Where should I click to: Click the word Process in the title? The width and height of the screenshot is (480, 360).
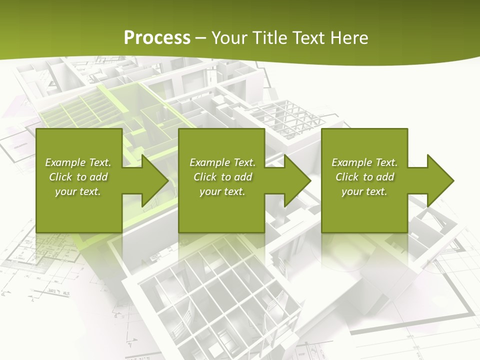(157, 38)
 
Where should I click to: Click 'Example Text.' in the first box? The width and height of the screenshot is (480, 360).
(78, 162)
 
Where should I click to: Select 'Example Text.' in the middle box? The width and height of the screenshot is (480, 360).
(222, 162)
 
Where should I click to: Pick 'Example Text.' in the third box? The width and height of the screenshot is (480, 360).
(364, 162)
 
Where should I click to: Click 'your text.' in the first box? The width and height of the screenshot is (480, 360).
(78, 191)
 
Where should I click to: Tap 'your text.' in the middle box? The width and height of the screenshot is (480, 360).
(222, 191)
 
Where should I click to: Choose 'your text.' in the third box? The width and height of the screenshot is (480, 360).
(364, 191)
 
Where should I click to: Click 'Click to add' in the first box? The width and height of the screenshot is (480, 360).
(78, 177)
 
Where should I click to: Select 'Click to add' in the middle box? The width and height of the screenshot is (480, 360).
(222, 177)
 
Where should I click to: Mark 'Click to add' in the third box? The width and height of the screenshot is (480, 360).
(364, 177)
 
